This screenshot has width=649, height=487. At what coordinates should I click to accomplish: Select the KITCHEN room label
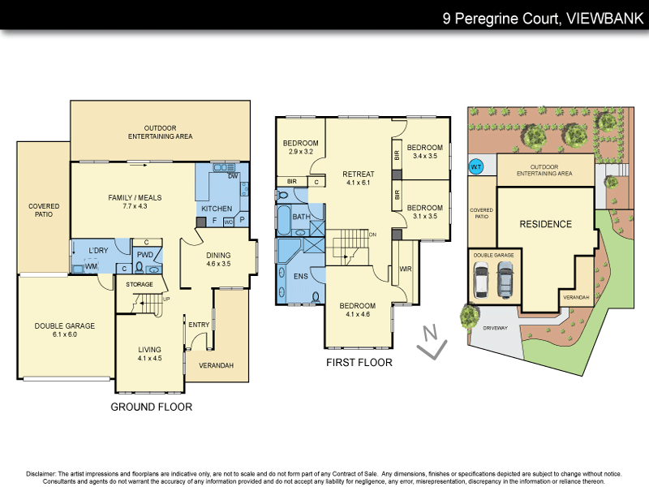point(217,209)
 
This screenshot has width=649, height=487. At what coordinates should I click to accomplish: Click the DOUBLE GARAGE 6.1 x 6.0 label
point(64,330)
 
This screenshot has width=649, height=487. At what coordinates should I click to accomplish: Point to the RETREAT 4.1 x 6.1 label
point(358,179)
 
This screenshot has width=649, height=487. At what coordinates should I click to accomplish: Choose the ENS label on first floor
point(300,277)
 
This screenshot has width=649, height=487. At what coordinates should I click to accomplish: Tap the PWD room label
point(145,255)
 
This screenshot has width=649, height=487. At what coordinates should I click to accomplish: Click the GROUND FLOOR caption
point(152,407)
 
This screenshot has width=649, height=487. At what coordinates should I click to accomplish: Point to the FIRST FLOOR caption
point(359,363)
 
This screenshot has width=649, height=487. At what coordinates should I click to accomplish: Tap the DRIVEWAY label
point(494,329)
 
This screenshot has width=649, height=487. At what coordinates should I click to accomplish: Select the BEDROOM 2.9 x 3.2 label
point(300,147)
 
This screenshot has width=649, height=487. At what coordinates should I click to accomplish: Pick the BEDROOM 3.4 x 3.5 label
point(425,152)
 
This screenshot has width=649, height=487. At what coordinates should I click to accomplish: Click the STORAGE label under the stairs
point(139,284)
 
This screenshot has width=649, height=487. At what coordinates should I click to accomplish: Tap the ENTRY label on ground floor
point(199,325)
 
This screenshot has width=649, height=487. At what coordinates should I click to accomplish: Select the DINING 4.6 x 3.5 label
point(218,259)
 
